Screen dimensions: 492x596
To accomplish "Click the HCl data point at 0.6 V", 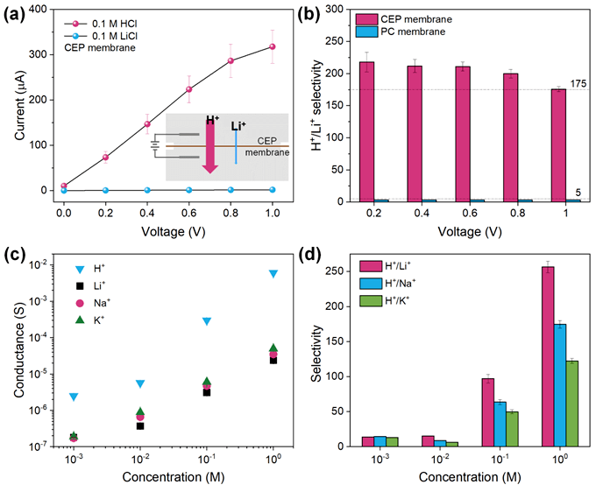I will point(188,89).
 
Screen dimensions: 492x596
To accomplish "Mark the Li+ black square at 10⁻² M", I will point(140,426).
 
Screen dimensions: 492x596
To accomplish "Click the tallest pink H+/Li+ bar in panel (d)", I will point(523,358).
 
